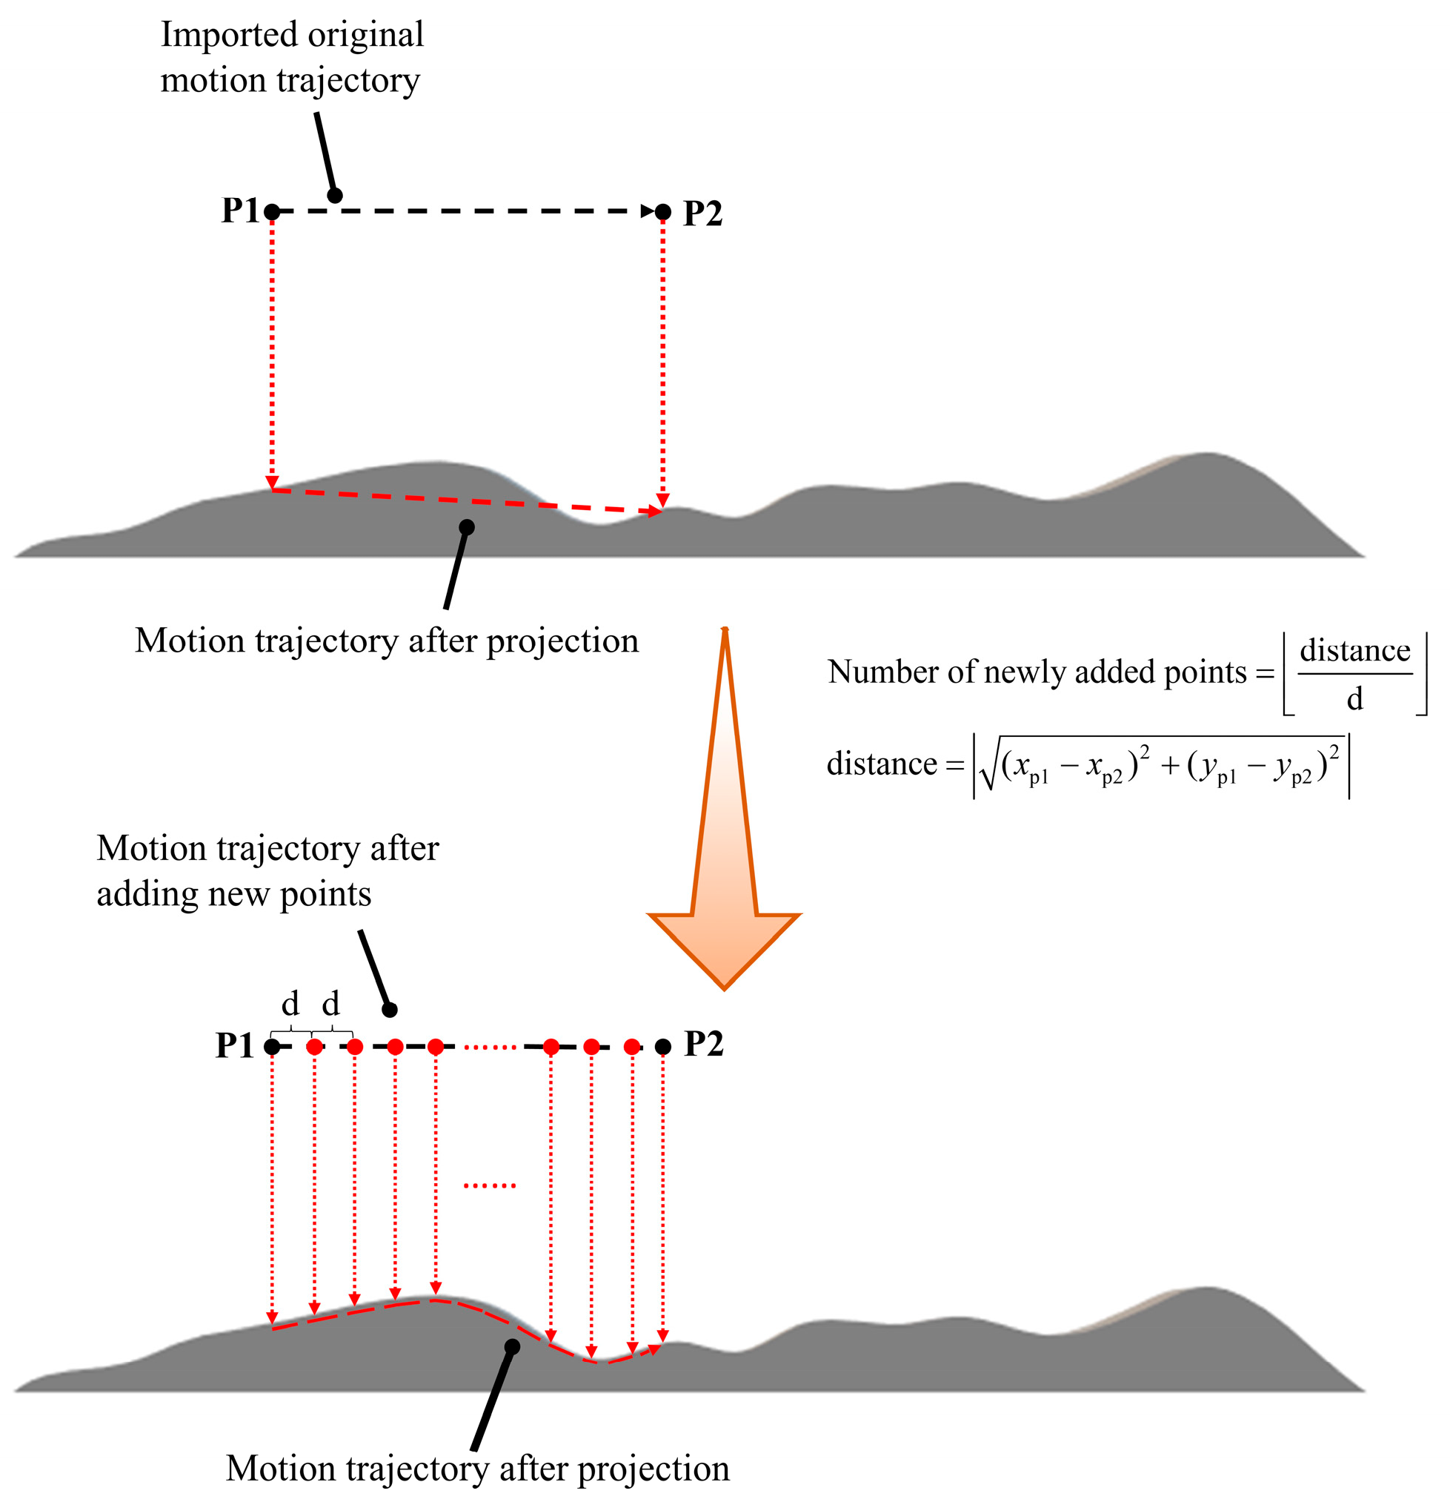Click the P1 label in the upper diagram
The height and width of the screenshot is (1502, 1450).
pyautogui.click(x=240, y=211)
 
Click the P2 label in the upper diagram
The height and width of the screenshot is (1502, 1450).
pyautogui.click(x=702, y=213)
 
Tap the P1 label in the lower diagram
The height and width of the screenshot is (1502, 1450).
pyautogui.click(x=234, y=1045)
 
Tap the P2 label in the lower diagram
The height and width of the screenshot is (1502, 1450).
pyautogui.click(x=703, y=1044)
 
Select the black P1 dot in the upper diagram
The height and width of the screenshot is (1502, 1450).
pyautogui.click(x=272, y=211)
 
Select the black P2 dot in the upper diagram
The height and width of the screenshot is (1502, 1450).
pyautogui.click(x=663, y=211)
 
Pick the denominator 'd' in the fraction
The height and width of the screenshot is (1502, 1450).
pyautogui.click(x=1354, y=699)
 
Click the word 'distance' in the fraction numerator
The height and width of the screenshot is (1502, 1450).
pyautogui.click(x=1354, y=651)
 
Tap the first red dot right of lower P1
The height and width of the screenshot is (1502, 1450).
pyautogui.click(x=314, y=1047)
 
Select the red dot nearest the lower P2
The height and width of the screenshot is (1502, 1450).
pyautogui.click(x=632, y=1047)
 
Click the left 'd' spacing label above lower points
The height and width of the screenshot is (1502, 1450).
pyautogui.click(x=290, y=1003)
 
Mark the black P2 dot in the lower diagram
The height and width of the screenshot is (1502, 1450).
pyautogui.click(x=663, y=1047)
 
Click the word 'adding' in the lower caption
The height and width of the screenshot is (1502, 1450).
pyautogui.click(x=141, y=894)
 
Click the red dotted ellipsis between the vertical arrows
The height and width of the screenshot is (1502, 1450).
pyautogui.click(x=490, y=1185)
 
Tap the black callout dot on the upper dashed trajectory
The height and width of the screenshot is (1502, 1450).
pyautogui.click(x=335, y=196)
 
